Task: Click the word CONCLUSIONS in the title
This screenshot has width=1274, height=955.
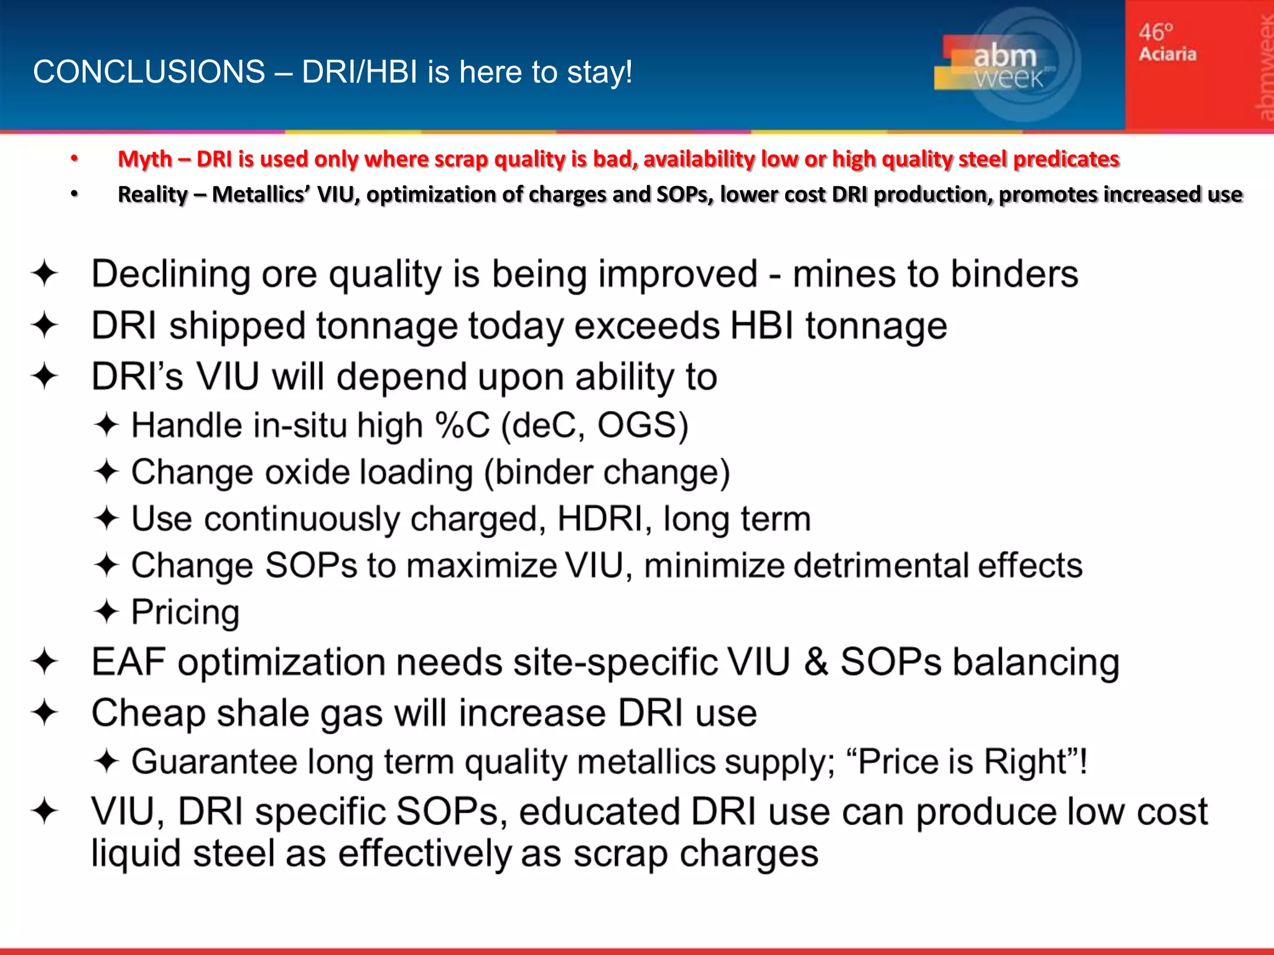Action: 149,72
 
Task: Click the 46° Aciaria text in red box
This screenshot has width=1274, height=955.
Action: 1166,42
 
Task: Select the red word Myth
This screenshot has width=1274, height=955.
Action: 144,159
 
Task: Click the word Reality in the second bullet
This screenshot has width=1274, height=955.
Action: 152,195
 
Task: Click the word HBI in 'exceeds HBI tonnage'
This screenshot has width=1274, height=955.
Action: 761,326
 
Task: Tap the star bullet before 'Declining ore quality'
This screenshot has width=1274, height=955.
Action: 45,274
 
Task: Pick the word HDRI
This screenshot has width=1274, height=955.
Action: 600,519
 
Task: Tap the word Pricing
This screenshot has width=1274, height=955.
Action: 185,612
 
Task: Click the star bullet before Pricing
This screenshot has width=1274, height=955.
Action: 106,612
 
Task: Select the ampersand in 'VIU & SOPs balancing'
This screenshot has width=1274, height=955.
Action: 815,662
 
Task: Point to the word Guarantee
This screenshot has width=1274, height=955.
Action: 214,762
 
